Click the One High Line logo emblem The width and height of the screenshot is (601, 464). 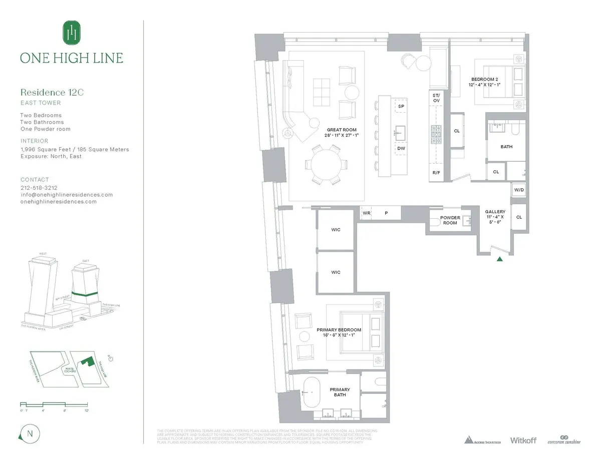click(x=72, y=33)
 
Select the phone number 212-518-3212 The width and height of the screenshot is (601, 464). click(x=39, y=188)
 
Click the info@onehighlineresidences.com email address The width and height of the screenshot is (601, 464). click(x=67, y=195)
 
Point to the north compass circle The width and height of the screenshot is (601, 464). click(x=29, y=433)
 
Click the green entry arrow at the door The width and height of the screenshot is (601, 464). click(x=499, y=259)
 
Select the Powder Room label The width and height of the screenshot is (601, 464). click(x=450, y=220)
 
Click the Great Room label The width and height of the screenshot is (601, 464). click(x=342, y=133)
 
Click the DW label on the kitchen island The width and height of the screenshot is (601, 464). click(x=401, y=148)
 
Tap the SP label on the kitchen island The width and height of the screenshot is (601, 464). click(x=401, y=107)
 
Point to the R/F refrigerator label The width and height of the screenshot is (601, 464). click(x=436, y=173)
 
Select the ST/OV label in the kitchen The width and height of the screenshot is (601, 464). click(x=436, y=98)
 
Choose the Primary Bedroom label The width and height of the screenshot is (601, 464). click(x=339, y=332)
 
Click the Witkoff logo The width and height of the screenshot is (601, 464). click(x=523, y=440)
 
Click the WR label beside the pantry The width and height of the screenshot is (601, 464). click(x=367, y=213)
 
